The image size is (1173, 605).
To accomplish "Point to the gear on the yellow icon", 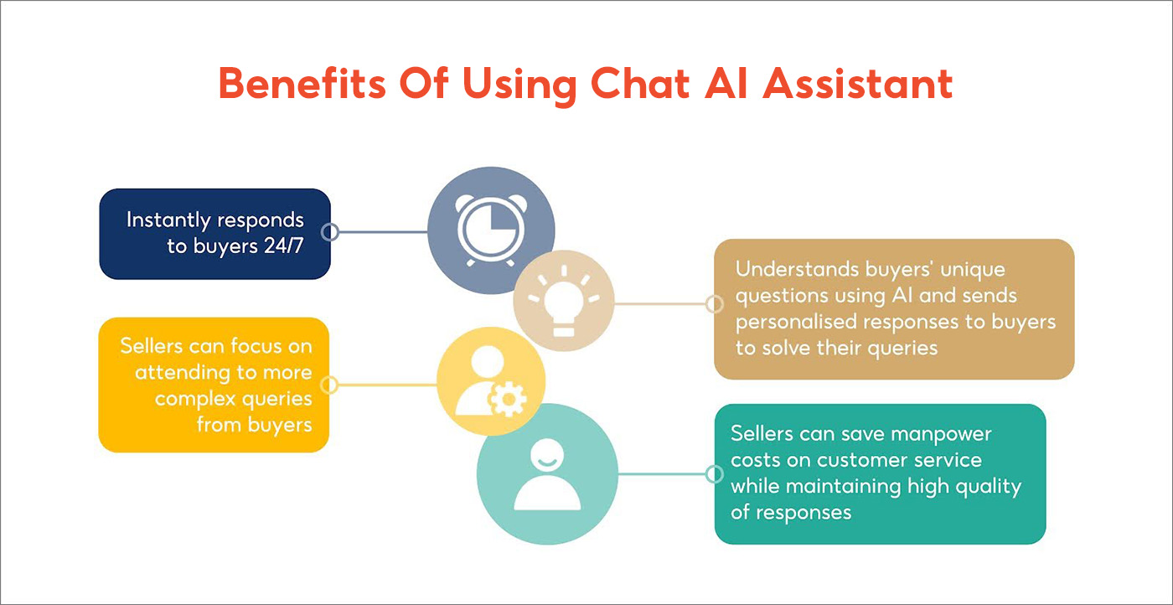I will click(x=506, y=401).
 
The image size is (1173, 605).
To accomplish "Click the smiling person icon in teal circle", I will click(x=547, y=474).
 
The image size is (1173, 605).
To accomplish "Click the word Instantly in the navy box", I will click(x=168, y=220).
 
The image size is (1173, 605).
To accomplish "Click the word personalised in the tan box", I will click(x=798, y=321).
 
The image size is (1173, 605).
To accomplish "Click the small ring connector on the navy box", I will click(x=330, y=232).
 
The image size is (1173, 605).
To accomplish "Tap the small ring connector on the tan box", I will click(x=714, y=304).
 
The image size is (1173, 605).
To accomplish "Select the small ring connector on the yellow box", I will click(x=329, y=385).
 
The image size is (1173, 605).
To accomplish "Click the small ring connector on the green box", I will click(x=714, y=475).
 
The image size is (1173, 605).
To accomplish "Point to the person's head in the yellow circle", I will click(x=487, y=363).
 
